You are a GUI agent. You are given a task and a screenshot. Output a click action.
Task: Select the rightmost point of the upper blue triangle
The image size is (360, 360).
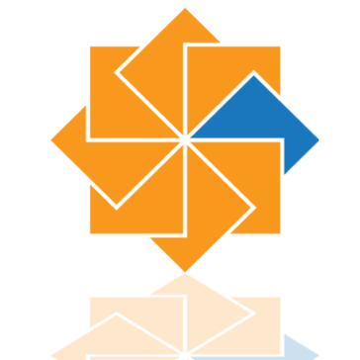click(321, 140)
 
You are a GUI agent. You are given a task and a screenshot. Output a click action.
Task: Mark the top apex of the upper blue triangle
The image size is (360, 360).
click(254, 74)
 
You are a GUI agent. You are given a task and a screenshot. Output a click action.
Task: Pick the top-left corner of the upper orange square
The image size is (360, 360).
click(89, 45)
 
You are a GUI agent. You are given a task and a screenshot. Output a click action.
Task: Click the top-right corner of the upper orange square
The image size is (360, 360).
click(281, 45)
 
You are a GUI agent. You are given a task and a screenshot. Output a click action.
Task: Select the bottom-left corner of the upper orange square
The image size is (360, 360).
click(89, 235)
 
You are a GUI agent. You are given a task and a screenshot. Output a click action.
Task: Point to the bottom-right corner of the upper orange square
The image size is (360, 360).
click(281, 235)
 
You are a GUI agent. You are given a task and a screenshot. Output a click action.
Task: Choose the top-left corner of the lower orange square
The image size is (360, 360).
click(89, 295)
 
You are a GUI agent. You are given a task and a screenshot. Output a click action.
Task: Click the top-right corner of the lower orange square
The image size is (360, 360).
click(281, 295)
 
